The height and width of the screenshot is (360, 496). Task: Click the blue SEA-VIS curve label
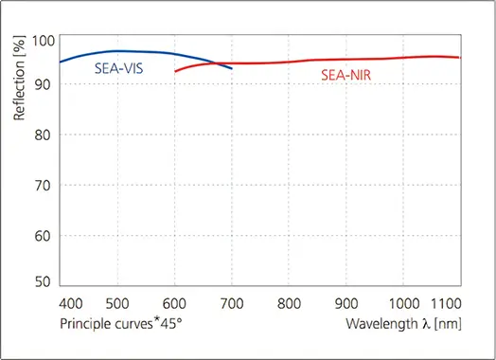[x=119, y=68]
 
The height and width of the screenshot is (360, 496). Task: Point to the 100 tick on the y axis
[x=44, y=41]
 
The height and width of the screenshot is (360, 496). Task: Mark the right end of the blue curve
[x=232, y=68]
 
